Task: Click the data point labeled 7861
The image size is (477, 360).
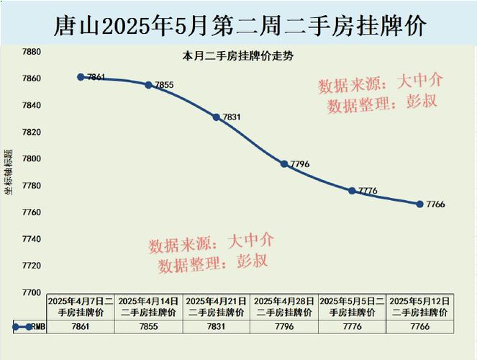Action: click(x=81, y=77)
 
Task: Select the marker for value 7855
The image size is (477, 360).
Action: click(x=148, y=85)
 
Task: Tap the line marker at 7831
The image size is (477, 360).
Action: click(x=216, y=117)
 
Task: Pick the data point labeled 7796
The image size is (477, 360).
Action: click(x=284, y=164)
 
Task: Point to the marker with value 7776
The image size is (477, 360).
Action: click(x=352, y=191)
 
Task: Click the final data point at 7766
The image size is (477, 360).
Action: click(x=419, y=204)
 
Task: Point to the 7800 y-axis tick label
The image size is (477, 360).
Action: click(x=30, y=159)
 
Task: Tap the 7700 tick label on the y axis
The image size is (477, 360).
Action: click(x=30, y=292)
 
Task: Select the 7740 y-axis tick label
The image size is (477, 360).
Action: click(x=30, y=239)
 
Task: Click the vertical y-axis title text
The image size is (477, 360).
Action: click(x=9, y=173)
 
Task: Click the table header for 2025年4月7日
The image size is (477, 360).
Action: click(x=80, y=307)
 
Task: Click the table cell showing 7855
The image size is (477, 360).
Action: click(x=148, y=327)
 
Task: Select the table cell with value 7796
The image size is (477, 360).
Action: click(x=284, y=327)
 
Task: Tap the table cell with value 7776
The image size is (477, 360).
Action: click(x=352, y=327)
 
